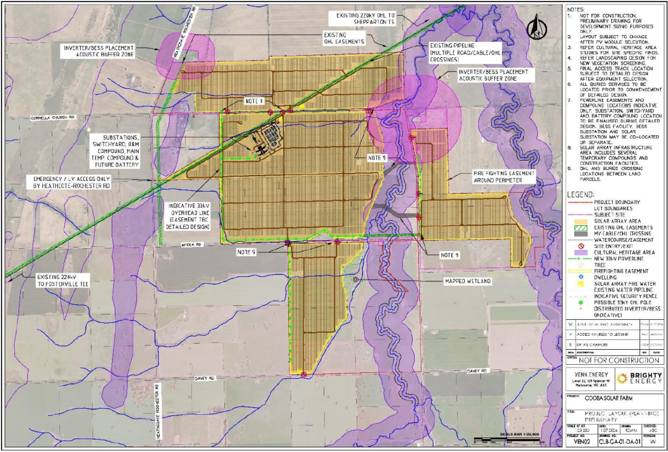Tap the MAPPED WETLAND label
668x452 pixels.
pos(467,281)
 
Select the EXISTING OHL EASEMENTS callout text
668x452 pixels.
pos(345,37)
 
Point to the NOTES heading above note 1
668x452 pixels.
pos(576,9)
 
